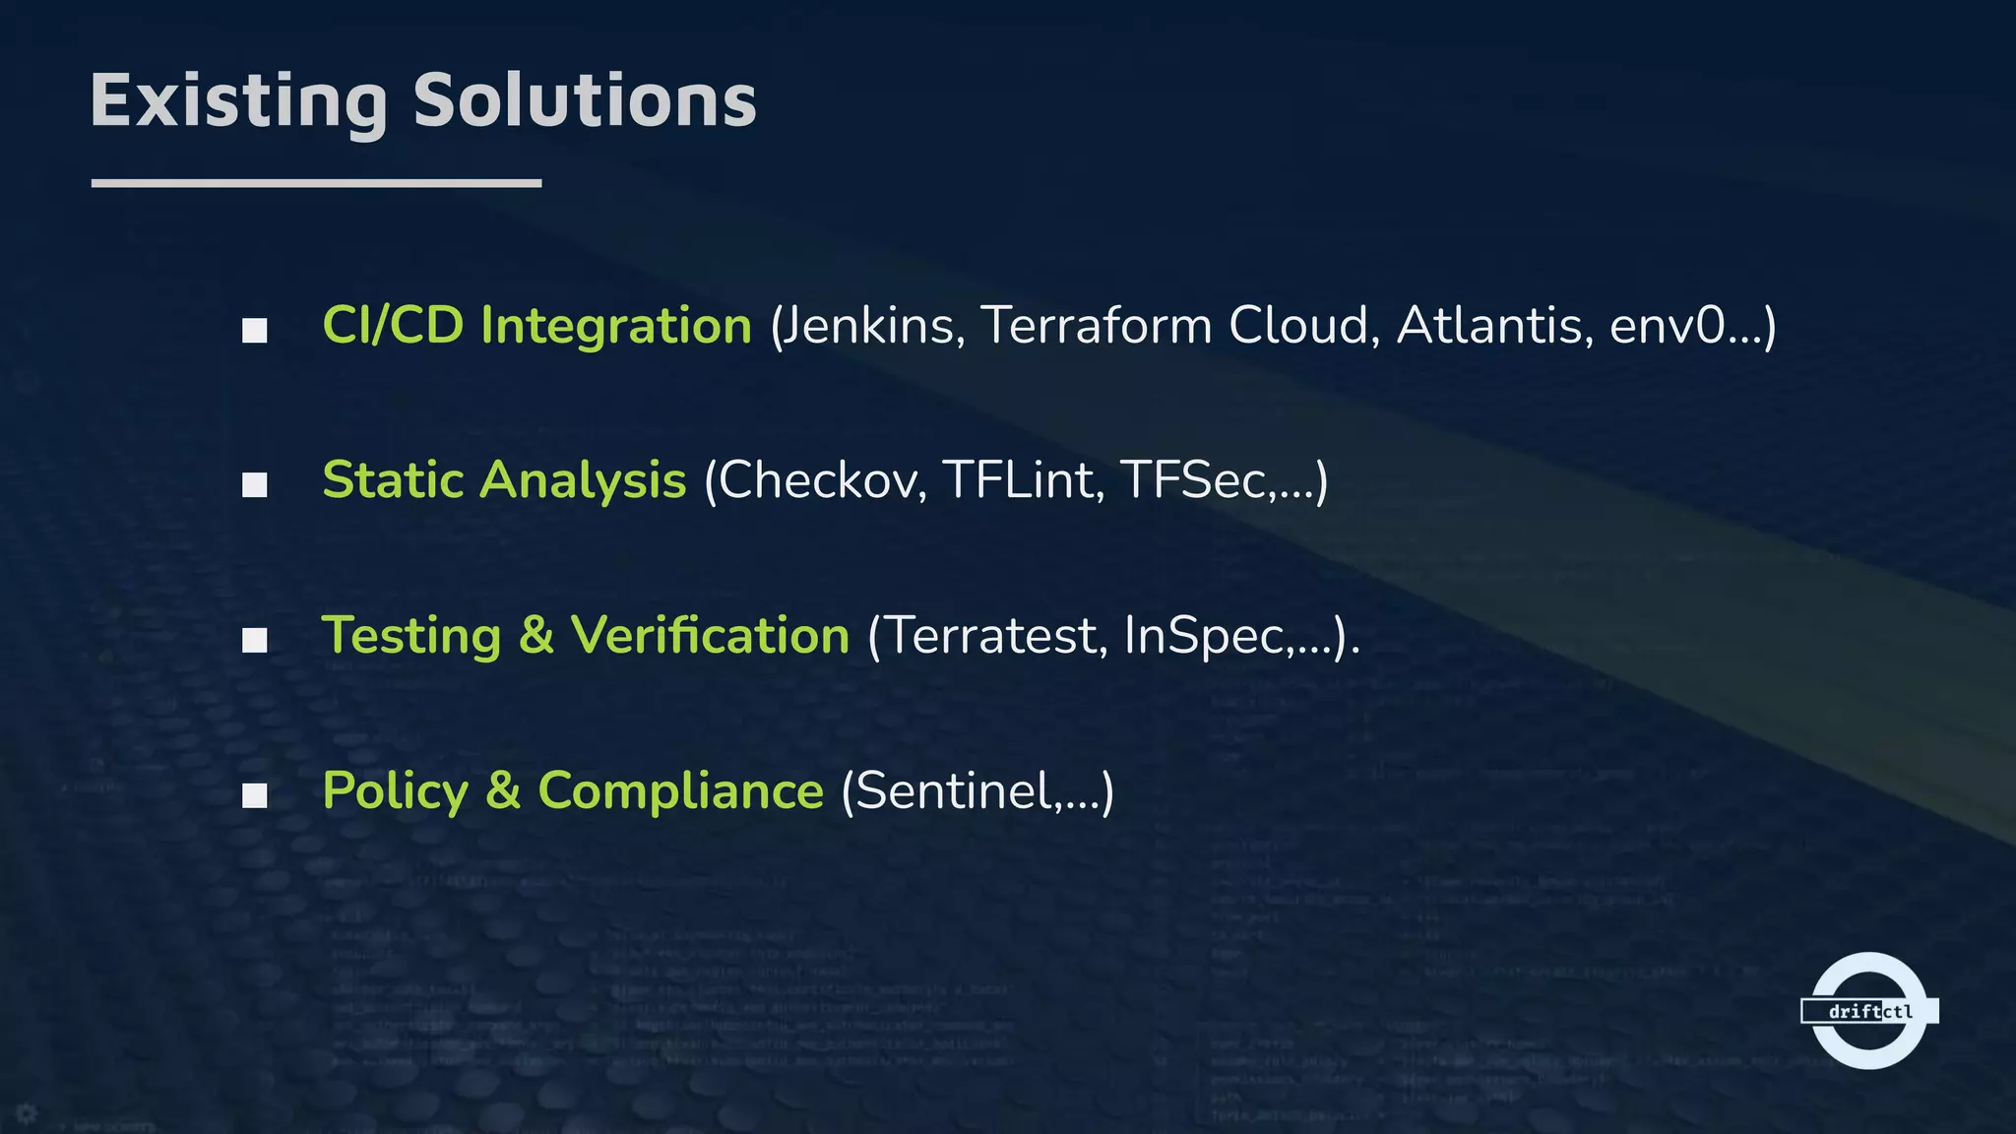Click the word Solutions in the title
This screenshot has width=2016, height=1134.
585,101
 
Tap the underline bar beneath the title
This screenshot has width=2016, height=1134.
316,183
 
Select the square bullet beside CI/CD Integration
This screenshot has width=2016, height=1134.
255,331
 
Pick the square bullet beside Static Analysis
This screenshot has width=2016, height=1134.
255,485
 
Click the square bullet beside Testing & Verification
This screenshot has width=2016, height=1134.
255,641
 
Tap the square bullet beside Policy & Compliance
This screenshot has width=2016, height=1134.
255,795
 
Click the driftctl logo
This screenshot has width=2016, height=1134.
1868,1011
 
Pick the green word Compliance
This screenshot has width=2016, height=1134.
680,791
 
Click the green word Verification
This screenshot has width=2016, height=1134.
710,636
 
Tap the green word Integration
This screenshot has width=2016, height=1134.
616,326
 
